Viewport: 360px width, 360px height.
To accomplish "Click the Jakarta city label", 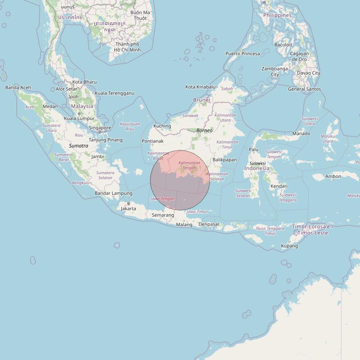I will pos(129,209).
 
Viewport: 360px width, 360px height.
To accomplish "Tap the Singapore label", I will pos(100,128).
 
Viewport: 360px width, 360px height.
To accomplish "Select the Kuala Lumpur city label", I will pos(79,118).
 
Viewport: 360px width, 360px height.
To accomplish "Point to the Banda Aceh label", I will pos(18,88).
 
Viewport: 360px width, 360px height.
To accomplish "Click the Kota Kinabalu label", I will pos(200,87).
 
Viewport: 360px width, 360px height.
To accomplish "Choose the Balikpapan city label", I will pos(225,160).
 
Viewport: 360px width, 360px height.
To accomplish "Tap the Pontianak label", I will pos(153,141).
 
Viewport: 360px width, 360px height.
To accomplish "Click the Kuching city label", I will pos(162,126).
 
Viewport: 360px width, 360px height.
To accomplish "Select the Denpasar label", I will pos(209,224).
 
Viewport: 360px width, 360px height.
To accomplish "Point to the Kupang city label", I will pos(289,246).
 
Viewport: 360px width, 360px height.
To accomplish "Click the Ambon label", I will pos(333,177).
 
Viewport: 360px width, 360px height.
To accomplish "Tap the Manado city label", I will pos(301,134).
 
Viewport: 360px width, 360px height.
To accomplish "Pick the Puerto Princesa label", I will pos(243,54).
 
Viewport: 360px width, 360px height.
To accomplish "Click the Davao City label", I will pos(309,73).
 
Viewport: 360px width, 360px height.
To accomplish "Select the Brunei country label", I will pos(201,100).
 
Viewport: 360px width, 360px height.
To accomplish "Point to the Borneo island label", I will pos(204,131).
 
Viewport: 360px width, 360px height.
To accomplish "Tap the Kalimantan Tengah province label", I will pos(189,165).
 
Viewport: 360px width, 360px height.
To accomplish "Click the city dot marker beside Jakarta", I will pos(129,204).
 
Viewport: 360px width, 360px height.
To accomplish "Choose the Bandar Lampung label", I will pos(113,193).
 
